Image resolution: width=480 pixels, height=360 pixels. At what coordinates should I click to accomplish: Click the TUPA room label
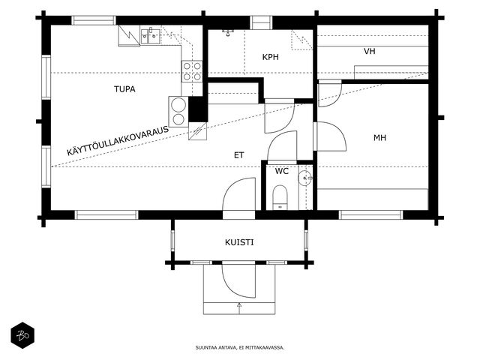(124, 89)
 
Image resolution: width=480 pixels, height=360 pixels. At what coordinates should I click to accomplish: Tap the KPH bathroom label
(270, 57)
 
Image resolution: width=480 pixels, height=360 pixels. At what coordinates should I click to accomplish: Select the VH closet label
(370, 51)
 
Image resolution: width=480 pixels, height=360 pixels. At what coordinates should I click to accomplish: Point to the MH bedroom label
(379, 138)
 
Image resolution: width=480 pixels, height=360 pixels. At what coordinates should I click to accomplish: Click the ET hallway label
(238, 155)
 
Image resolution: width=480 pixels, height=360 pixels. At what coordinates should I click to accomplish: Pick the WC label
(282, 171)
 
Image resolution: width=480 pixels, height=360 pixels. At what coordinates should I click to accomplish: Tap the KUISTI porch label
(239, 242)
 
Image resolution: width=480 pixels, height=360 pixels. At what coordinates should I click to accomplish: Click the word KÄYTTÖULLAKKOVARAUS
(118, 140)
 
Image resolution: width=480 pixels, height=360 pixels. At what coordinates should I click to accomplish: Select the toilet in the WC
(280, 197)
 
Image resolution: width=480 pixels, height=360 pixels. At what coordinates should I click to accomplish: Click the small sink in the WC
(305, 178)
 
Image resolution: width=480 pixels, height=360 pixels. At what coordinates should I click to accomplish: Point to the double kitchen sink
(150, 37)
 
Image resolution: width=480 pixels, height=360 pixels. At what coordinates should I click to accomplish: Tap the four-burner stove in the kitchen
(192, 71)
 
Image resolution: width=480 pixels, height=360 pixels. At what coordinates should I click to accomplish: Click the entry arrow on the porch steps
(239, 307)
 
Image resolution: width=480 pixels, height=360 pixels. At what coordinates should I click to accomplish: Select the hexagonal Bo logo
(22, 335)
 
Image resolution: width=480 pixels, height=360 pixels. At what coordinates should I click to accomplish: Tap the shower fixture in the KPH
(228, 32)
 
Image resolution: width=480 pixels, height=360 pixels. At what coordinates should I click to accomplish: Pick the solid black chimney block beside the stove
(198, 109)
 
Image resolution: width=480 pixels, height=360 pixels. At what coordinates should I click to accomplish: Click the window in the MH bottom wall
(370, 215)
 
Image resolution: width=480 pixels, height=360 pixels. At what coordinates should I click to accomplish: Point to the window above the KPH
(261, 22)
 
